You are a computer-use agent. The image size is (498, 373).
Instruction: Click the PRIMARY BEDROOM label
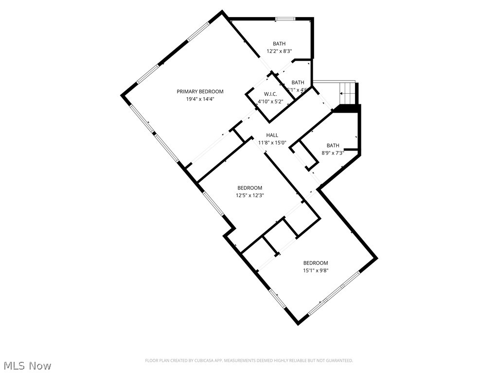(x=200, y=91)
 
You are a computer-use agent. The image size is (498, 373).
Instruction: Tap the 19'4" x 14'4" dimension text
(x=200, y=99)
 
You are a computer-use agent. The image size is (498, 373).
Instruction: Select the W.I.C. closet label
(x=270, y=94)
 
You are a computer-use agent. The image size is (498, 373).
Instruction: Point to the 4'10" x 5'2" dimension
(x=270, y=101)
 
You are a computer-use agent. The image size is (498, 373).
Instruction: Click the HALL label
(x=272, y=135)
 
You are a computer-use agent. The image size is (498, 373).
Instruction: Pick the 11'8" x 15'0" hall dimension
(x=272, y=143)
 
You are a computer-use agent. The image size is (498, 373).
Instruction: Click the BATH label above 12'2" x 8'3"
(x=279, y=44)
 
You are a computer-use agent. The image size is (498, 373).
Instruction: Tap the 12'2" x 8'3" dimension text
(x=279, y=51)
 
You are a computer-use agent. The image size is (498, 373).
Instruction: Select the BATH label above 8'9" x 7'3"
(x=333, y=145)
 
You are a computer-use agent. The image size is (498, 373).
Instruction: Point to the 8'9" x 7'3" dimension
(x=333, y=153)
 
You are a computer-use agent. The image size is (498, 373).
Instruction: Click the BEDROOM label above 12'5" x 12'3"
(x=249, y=188)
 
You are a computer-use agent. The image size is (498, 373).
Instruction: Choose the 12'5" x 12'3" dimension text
(x=249, y=195)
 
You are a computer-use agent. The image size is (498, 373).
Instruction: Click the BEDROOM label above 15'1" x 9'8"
(x=316, y=263)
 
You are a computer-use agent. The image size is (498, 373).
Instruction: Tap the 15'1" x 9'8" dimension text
(x=316, y=271)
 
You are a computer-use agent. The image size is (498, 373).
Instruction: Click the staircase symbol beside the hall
(x=348, y=92)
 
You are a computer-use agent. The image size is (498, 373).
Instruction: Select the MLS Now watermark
(x=27, y=365)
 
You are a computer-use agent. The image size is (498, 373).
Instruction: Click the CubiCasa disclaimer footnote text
(x=249, y=360)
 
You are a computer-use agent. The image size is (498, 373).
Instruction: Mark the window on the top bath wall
(x=285, y=19)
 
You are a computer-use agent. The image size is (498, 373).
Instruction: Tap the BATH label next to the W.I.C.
(x=298, y=83)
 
